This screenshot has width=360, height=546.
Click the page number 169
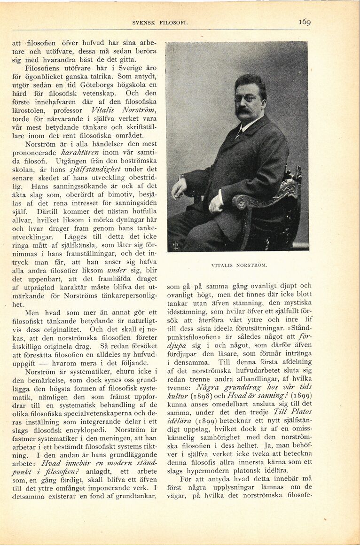304,22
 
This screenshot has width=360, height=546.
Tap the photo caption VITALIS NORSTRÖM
239,265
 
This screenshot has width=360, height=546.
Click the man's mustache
243,111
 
